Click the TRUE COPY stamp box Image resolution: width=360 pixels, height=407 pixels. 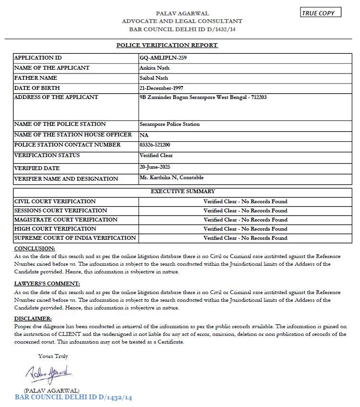pyautogui.click(x=321, y=13)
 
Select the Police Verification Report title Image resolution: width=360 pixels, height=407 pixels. pyautogui.click(x=167, y=45)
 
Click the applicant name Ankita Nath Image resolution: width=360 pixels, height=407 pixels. pyautogui.click(x=155, y=68)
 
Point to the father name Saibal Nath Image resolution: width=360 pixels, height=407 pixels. pyautogui.click(x=154, y=78)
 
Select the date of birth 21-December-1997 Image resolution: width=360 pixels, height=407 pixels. pyautogui.click(x=161, y=88)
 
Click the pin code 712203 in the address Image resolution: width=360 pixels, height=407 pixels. pyautogui.click(x=257, y=97)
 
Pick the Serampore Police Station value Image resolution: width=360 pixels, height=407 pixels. pyautogui.click(x=169, y=124)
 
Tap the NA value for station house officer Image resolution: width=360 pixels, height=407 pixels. pyautogui.click(x=144, y=135)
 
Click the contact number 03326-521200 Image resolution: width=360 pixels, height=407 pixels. pyautogui.click(x=155, y=145)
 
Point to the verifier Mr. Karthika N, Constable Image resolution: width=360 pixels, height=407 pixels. pyautogui.click(x=171, y=178)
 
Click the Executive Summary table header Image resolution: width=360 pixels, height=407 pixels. pyautogui.click(x=183, y=191)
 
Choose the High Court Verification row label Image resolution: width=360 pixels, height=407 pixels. pyautogui.click(x=55, y=229)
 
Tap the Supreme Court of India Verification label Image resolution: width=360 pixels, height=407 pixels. pyautogui.click(x=75, y=238)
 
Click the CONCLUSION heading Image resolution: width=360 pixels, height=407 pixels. pyautogui.click(x=35, y=248)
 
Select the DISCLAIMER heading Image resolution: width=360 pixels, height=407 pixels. pyautogui.click(x=33, y=319)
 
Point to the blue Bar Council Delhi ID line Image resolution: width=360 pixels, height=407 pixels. pyautogui.click(x=73, y=397)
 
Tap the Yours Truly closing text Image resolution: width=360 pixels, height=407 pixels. pyautogui.click(x=53, y=356)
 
